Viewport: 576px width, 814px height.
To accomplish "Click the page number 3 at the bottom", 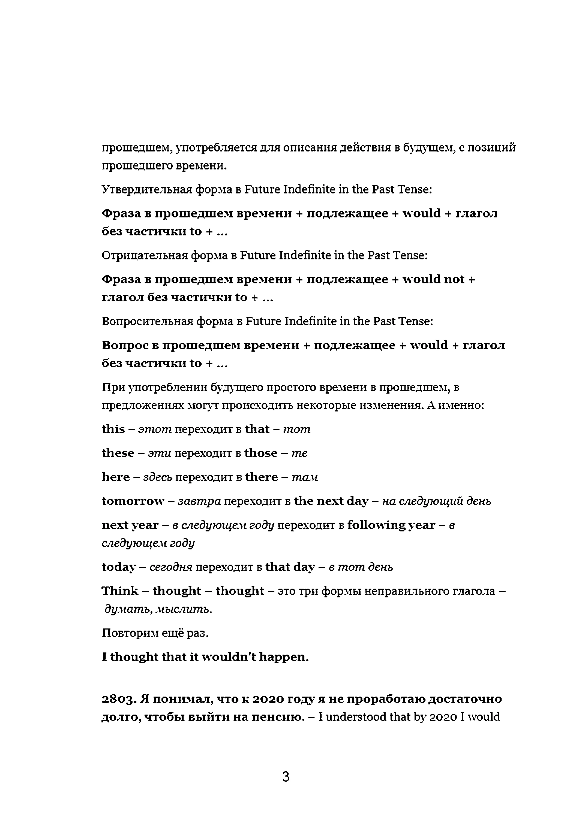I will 286,776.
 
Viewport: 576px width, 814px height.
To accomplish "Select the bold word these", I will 118,453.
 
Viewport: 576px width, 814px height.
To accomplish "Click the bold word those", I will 261,453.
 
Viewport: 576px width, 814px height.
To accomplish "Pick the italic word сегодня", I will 171,567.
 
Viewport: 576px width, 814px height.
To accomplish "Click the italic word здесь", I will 158,477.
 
